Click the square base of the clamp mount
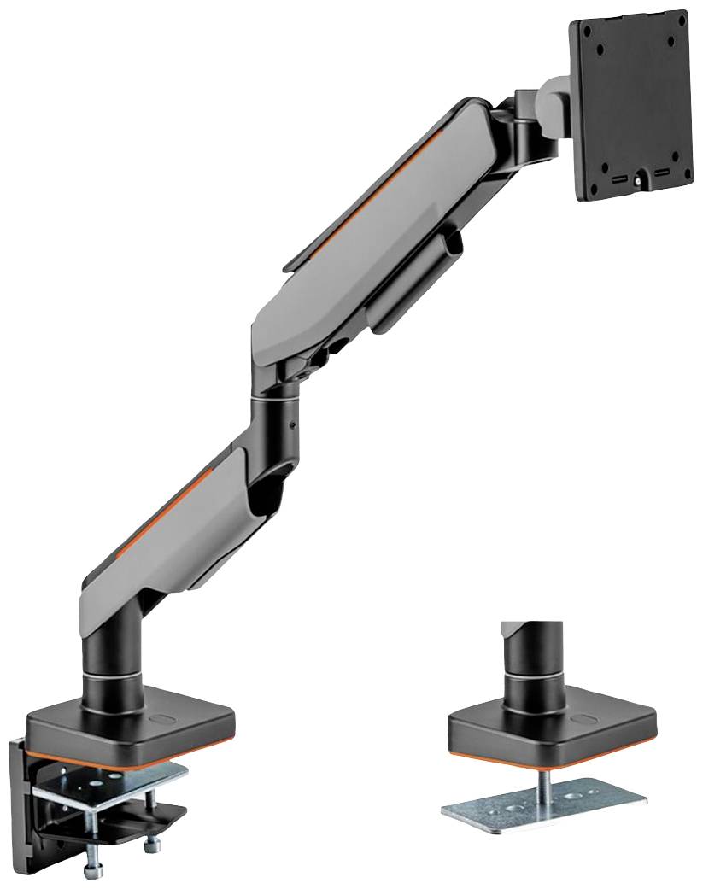(x=128, y=726)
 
